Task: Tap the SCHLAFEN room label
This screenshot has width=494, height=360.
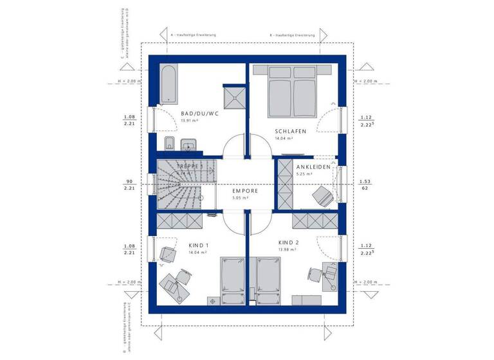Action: point(283,130)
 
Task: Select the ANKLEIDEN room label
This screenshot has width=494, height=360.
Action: point(314,166)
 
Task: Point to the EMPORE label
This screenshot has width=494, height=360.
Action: point(245,191)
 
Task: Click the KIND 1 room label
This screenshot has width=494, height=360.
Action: point(199,246)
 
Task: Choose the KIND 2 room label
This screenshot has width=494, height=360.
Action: point(287,242)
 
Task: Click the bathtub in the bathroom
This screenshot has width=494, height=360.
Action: point(169,84)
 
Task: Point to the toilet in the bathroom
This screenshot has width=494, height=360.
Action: point(169,142)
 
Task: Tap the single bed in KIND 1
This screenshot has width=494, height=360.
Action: point(232,280)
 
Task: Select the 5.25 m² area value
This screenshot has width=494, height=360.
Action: point(304,174)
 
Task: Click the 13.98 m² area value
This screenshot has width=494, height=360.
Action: point(287,249)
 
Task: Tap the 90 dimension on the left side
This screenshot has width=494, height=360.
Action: point(129,181)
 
